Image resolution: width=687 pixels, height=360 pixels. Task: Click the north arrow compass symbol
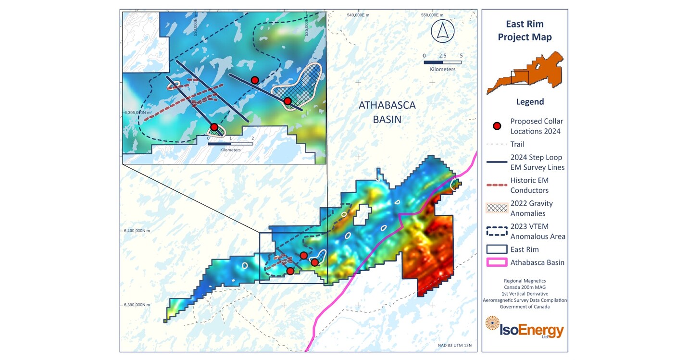click(442, 31)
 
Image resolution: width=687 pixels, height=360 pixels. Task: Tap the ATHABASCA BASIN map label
click(387, 112)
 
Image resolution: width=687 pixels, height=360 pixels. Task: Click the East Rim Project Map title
click(525, 31)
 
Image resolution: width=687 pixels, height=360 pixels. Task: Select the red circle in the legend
click(497, 126)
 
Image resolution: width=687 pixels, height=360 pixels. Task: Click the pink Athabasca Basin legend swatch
click(497, 262)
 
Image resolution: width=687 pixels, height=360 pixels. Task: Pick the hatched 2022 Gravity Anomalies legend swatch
click(497, 208)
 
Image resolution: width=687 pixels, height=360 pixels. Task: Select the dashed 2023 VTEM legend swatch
click(497, 231)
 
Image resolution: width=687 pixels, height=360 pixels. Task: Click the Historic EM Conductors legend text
click(529, 185)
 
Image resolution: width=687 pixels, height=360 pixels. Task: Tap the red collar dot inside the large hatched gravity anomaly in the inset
click(287, 101)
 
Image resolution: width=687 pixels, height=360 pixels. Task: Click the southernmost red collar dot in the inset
click(214, 127)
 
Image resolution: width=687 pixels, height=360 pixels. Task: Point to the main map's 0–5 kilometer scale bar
click(442, 62)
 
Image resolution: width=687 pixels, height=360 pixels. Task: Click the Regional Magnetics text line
click(525, 280)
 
